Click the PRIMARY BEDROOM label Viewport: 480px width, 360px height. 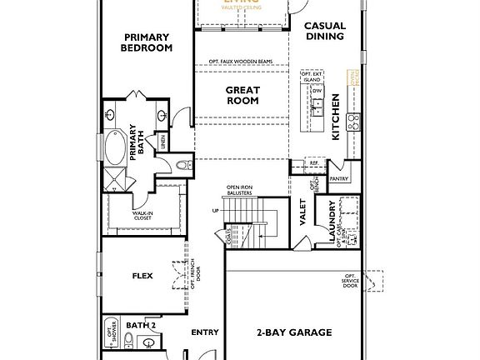pos(147,42)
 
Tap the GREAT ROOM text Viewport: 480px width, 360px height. pos(242,95)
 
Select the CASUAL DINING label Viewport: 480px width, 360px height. pos(324,32)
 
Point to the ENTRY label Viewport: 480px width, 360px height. pos(204,332)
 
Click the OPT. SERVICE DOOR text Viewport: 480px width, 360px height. pos(351,282)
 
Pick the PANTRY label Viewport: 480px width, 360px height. pos(338,178)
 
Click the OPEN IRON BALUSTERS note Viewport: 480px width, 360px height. pos(238,191)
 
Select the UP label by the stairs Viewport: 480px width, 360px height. pos(216,212)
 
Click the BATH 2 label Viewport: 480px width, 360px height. pos(141,325)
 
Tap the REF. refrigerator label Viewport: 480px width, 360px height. pos(302,163)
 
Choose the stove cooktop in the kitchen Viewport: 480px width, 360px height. pos(353,122)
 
